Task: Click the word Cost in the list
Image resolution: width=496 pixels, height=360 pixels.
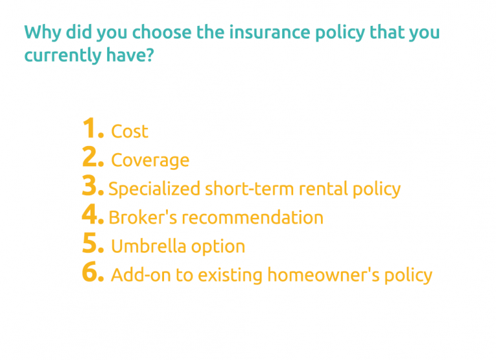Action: [130, 131]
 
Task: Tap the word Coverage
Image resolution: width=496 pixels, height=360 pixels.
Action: [150, 160]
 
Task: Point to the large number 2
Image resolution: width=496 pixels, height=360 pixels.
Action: [92, 158]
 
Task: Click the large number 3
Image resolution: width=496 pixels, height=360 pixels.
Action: [92, 186]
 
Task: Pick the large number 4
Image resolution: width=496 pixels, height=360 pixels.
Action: [92, 215]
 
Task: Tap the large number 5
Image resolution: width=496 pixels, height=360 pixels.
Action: [92, 244]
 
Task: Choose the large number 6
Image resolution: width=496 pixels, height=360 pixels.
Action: [92, 273]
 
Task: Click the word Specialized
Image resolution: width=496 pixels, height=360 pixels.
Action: [154, 189]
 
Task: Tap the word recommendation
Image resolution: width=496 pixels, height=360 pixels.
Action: [253, 217]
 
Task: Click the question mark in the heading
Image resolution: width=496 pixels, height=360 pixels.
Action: [149, 56]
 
